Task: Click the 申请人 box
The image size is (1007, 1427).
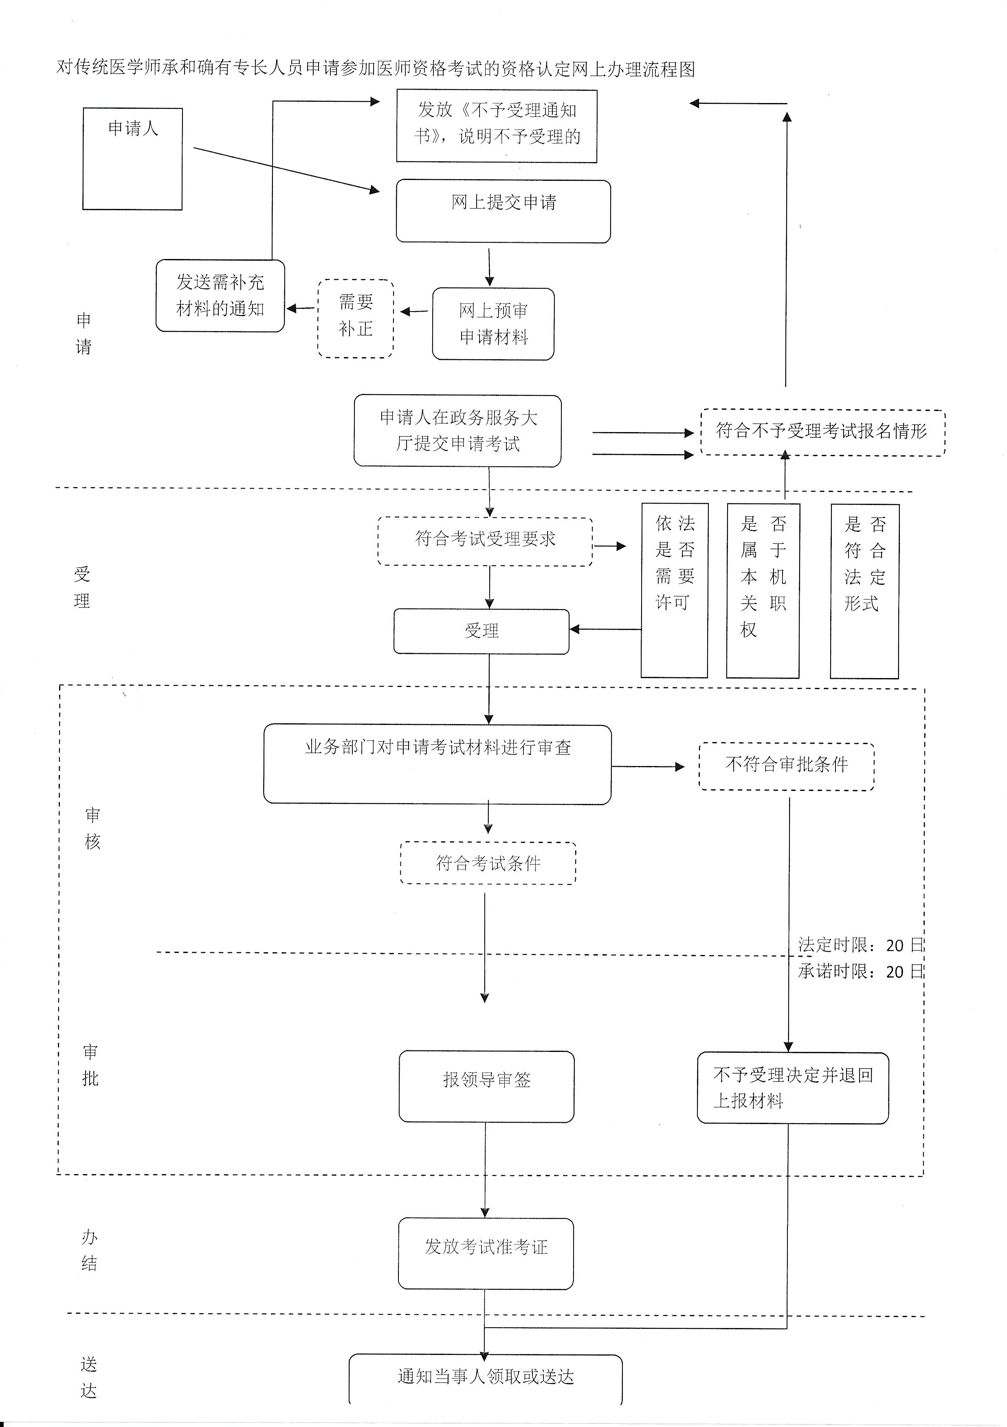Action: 132,158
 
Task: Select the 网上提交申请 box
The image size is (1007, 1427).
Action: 503,211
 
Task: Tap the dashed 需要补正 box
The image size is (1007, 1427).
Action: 356,318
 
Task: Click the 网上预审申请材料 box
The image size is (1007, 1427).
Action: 493,324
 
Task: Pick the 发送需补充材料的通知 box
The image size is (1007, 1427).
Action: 220,296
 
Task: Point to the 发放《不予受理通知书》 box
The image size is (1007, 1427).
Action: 497,126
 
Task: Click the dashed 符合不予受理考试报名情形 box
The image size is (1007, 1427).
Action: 822,432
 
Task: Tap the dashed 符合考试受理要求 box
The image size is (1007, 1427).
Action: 485,541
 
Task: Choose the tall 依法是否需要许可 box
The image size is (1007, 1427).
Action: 675,591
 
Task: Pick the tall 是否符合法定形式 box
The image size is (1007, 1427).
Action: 865,591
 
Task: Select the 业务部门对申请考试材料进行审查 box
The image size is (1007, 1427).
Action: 437,764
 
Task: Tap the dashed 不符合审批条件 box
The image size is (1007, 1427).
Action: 786,766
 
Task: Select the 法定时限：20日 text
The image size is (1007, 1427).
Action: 861,945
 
